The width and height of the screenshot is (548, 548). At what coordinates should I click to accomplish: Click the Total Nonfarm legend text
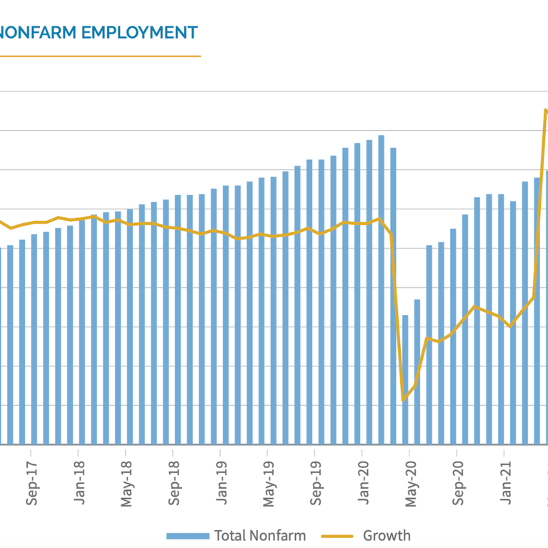pos(260,535)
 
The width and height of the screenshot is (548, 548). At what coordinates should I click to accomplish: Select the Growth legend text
pos(387,535)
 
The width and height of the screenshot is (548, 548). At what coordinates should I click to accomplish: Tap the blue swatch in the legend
pos(188,536)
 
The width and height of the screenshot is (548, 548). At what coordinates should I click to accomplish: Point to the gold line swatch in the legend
pos(338,536)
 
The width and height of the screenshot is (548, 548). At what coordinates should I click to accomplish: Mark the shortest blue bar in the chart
pos(405,379)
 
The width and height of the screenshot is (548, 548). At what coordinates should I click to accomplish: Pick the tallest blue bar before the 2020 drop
pos(382,289)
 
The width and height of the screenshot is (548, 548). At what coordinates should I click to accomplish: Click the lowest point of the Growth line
pos(404,399)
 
